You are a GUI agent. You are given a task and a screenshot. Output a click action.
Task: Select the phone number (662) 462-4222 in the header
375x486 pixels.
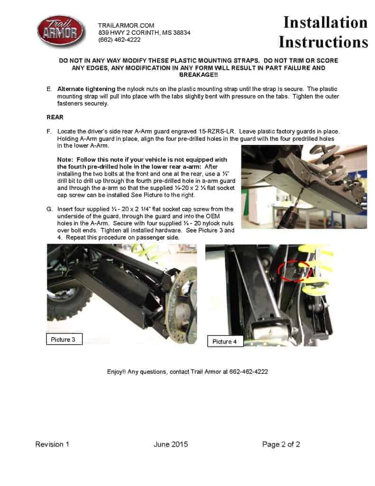pos(119,40)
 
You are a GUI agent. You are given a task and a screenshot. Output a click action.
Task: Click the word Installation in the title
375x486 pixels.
pos(325,22)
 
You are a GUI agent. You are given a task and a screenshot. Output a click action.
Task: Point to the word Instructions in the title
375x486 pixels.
pos(323,42)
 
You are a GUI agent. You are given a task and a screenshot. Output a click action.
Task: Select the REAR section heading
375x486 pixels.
pos(55,116)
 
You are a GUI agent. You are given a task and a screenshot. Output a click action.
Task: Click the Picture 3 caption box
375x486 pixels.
pos(64,339)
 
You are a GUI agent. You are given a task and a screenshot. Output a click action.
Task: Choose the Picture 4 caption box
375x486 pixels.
pos(225,341)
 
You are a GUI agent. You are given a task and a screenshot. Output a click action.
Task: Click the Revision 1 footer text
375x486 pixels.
pos(52,444)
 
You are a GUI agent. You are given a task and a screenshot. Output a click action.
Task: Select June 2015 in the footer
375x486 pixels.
pos(171,444)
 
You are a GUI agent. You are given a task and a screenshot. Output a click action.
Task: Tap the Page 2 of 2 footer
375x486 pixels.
pos(281,444)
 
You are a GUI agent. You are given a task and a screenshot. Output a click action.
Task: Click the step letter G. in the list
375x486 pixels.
pos(49,209)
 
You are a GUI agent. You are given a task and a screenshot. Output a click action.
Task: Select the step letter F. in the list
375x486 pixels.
pos(49,131)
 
